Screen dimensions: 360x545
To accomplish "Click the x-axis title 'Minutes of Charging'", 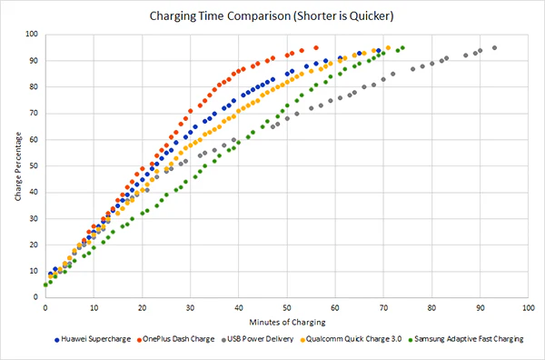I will click(x=284, y=321).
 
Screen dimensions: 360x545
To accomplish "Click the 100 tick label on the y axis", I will click(x=32, y=35).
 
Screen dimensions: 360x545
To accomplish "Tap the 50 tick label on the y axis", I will click(x=34, y=165).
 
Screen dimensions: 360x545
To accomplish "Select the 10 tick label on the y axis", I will click(x=34, y=270).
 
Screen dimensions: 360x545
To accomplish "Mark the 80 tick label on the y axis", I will click(x=34, y=87).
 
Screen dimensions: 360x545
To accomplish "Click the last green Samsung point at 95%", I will click(x=402, y=47).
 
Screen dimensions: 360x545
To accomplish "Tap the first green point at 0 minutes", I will click(x=45, y=285).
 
